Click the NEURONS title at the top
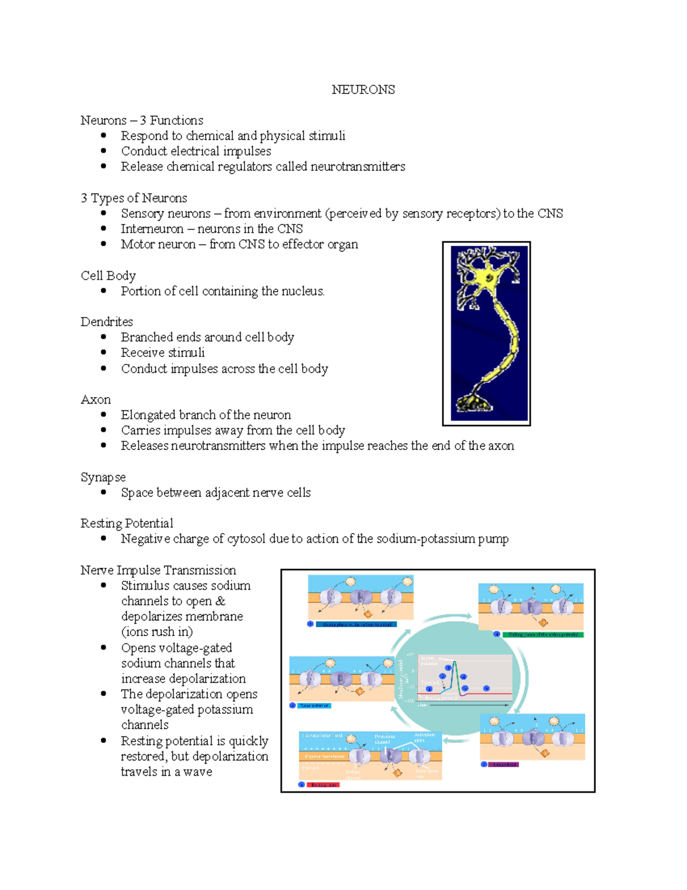(x=363, y=90)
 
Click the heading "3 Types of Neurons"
(x=134, y=198)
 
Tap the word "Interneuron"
(x=152, y=229)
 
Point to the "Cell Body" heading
(x=108, y=276)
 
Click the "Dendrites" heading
(x=106, y=322)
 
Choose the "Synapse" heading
(x=103, y=477)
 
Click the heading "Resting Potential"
(x=127, y=523)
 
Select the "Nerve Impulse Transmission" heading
(x=158, y=570)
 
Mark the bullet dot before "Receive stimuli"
(x=104, y=352)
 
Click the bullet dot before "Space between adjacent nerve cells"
(x=104, y=492)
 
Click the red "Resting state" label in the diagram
(x=323, y=785)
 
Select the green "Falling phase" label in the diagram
(x=543, y=634)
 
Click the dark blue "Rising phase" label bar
(x=357, y=624)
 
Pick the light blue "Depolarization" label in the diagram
(x=314, y=705)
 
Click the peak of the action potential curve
(x=455, y=662)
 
